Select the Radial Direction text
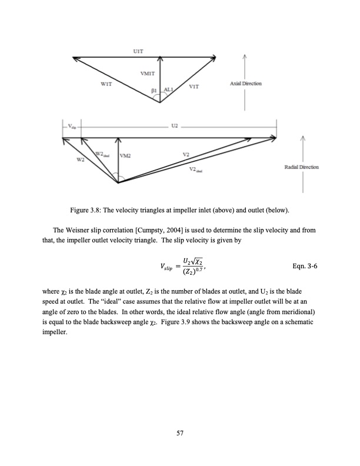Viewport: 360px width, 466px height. click(x=301, y=167)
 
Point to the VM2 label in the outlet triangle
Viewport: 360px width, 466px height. click(x=125, y=156)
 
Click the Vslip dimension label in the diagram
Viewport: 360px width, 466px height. click(x=71, y=127)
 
